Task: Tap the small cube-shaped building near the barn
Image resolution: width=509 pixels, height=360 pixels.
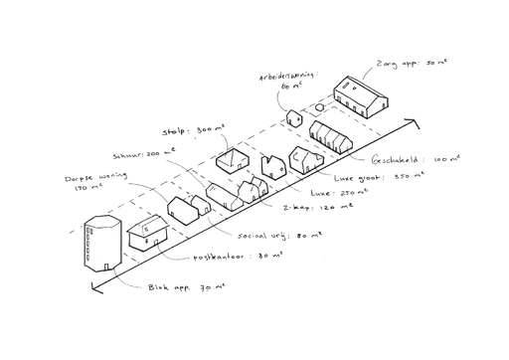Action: click(295, 117)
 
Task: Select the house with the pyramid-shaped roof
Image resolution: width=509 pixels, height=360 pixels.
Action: click(235, 159)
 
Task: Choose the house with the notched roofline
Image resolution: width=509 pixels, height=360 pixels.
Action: click(273, 164)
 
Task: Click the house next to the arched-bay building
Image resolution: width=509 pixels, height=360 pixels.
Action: click(302, 158)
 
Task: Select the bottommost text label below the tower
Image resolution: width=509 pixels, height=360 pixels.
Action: click(184, 287)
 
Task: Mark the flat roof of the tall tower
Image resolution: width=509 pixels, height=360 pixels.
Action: click(102, 222)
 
